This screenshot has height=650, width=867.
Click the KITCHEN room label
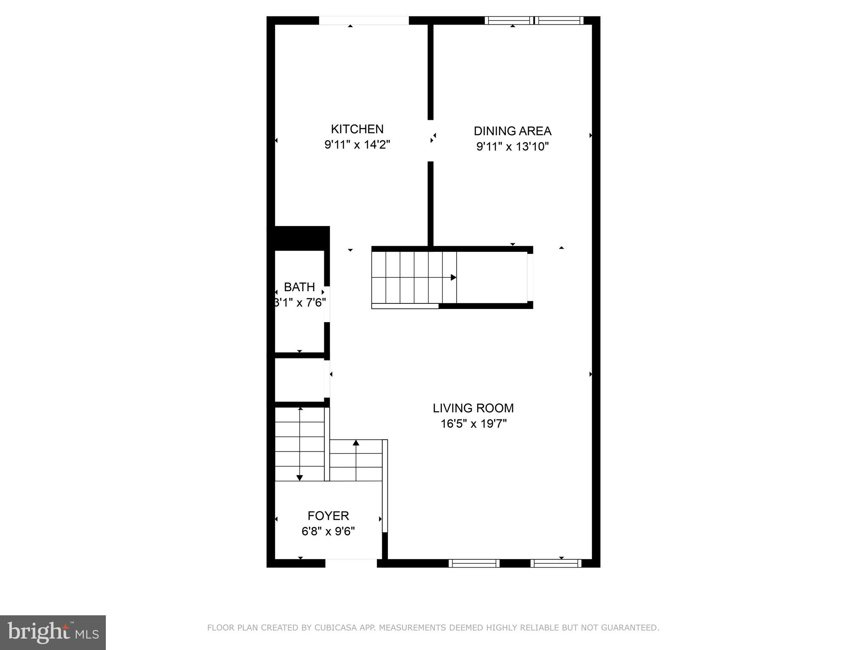[357, 129]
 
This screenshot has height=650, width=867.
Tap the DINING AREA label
[512, 131]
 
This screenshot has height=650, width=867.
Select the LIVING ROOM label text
[473, 408]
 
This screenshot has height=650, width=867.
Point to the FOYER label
[328, 516]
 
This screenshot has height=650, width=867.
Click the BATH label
[299, 287]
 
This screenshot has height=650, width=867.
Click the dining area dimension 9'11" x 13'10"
[512, 147]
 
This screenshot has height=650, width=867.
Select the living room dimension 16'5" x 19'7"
[473, 424]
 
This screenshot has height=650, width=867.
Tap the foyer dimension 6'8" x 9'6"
[328, 531]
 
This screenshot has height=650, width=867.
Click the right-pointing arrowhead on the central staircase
[453, 278]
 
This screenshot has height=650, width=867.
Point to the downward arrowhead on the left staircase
[300, 478]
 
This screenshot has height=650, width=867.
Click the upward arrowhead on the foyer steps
[356, 443]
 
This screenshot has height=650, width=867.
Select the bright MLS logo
[53, 633]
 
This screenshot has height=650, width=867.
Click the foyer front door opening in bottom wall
[351, 563]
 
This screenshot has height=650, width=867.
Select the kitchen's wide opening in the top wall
[364, 20]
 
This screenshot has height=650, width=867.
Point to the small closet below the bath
[299, 380]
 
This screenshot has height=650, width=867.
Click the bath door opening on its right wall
[327, 304]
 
